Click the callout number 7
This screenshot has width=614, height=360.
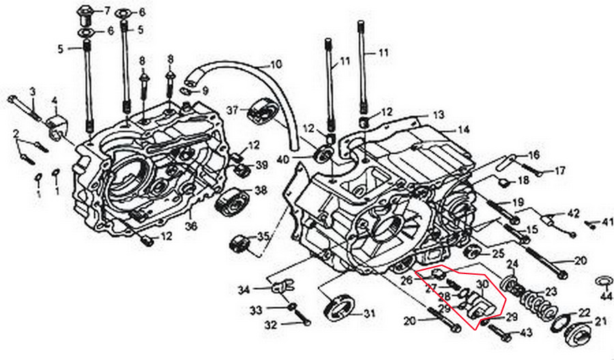coord(106,12)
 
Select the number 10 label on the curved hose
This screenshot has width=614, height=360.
coord(276,66)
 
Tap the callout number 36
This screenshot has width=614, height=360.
coord(192,226)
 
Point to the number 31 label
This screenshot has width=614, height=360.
coord(369,314)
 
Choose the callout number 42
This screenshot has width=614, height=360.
coord(573,213)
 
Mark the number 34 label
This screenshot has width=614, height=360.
coord(244,290)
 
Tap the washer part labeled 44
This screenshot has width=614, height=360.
coord(603,281)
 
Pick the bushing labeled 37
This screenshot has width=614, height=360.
coord(261,111)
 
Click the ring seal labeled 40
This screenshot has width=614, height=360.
coord(322,153)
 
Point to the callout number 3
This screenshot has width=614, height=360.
coord(31,92)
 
